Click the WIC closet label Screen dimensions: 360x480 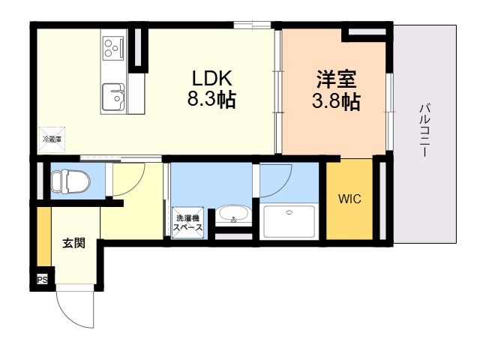[x=349, y=199]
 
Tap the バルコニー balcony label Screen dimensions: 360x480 [x=424, y=130]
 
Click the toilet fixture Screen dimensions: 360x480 [x=71, y=181]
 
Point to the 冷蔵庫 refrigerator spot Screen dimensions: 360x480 [x=51, y=138]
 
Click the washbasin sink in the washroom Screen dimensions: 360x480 [x=234, y=216]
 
